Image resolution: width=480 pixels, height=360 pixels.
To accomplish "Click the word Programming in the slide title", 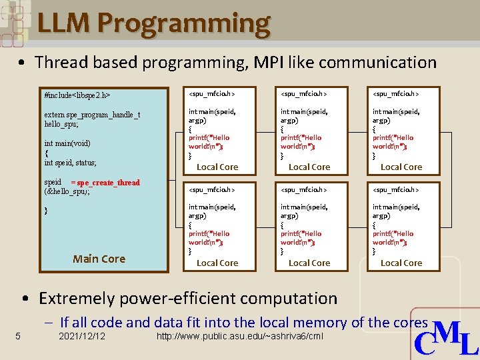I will click(x=184, y=24).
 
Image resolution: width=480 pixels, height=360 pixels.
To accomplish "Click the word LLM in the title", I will click(x=65, y=24).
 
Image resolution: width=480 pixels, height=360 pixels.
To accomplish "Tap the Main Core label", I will click(x=99, y=259).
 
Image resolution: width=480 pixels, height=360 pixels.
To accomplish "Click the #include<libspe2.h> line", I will click(x=77, y=96).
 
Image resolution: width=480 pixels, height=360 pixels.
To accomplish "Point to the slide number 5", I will click(x=18, y=335).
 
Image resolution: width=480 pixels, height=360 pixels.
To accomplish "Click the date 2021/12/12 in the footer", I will click(x=82, y=335).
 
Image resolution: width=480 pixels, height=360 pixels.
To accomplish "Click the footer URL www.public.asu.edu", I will click(x=239, y=335).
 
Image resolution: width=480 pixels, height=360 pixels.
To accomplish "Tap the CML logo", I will click(x=446, y=338).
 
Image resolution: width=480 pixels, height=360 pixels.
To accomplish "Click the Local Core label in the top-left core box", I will click(x=217, y=167).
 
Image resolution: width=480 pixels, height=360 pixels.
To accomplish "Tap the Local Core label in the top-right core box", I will click(x=401, y=167).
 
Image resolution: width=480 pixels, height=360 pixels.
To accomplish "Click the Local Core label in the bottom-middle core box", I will click(x=309, y=263).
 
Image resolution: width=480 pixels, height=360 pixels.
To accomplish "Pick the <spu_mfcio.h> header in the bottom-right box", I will click(x=396, y=190).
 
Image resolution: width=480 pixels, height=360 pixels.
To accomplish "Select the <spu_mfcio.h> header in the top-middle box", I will click(x=304, y=94).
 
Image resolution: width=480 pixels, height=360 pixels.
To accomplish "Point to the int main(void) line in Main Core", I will click(x=67, y=143).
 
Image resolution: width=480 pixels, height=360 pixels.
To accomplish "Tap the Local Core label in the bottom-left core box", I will click(x=217, y=263).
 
